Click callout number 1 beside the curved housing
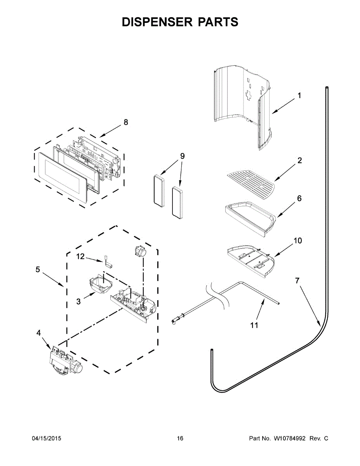coord(299,95)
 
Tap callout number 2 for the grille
coord(299,160)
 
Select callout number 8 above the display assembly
coord(125,122)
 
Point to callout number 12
coord(80,256)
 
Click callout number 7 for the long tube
coord(297,281)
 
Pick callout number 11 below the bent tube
coord(254,325)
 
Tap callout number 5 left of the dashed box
coord(38,270)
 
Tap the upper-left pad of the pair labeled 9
coord(158,189)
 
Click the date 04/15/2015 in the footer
coord(46,438)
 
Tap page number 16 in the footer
coord(180,438)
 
